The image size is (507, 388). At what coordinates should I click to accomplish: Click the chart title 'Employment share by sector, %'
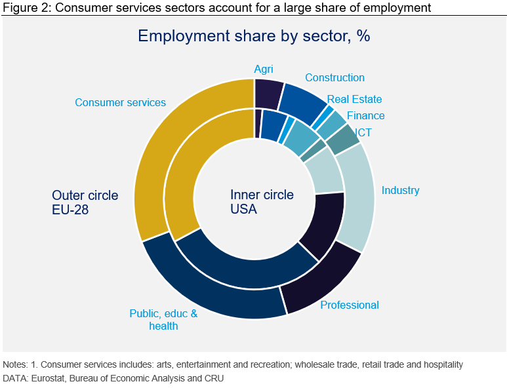click(x=254, y=35)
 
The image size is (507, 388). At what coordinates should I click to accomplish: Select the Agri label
click(x=264, y=69)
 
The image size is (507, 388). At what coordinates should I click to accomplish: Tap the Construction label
click(x=335, y=77)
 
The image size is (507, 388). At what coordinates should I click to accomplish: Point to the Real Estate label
click(x=354, y=100)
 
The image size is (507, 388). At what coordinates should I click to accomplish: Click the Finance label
click(x=366, y=115)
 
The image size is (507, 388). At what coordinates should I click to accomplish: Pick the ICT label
click(x=363, y=132)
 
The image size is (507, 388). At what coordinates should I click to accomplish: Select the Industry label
click(x=400, y=190)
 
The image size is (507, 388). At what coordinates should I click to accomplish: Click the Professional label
click(x=350, y=305)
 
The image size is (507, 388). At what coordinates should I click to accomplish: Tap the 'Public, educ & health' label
click(x=163, y=319)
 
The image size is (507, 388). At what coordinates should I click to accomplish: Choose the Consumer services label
click(x=120, y=102)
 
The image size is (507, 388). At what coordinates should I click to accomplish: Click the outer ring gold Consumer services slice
click(x=157, y=164)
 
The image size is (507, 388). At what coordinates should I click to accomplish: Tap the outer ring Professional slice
click(x=321, y=279)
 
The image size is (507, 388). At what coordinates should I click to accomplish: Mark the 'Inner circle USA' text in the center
click(x=262, y=202)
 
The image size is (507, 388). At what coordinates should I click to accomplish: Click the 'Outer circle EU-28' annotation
click(x=85, y=202)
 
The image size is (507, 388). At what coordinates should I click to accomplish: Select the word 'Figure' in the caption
click(x=18, y=8)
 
